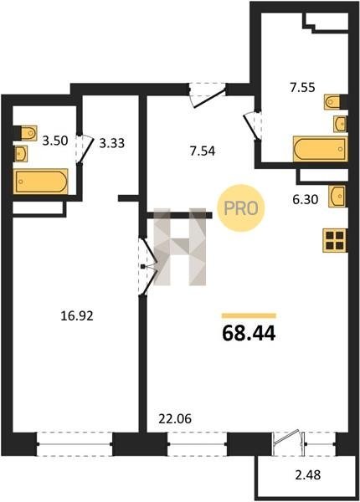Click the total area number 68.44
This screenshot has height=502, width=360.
(249, 333)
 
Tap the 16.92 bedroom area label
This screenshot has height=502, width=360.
(77, 316)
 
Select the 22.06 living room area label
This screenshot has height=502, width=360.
(175, 418)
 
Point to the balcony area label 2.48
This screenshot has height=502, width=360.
(307, 474)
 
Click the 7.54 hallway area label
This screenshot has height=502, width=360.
(202, 151)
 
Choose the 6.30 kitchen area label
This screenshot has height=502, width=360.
(306, 199)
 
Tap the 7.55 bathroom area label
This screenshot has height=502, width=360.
(303, 87)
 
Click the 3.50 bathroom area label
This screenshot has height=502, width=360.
(55, 141)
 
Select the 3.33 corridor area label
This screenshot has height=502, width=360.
(112, 143)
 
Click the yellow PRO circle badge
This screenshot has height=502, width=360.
(241, 208)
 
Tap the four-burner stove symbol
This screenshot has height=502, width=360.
(335, 240)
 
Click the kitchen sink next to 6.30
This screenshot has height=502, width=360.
(337, 196)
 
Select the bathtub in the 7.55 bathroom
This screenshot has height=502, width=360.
(320, 149)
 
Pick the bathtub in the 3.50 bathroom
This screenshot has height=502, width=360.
(40, 182)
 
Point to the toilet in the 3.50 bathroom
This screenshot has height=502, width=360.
(28, 132)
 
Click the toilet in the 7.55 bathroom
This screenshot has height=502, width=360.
(332, 102)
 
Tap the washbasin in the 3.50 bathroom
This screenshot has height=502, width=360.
(20, 154)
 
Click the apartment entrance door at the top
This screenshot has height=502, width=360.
(208, 95)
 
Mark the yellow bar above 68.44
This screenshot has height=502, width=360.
(249, 315)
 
